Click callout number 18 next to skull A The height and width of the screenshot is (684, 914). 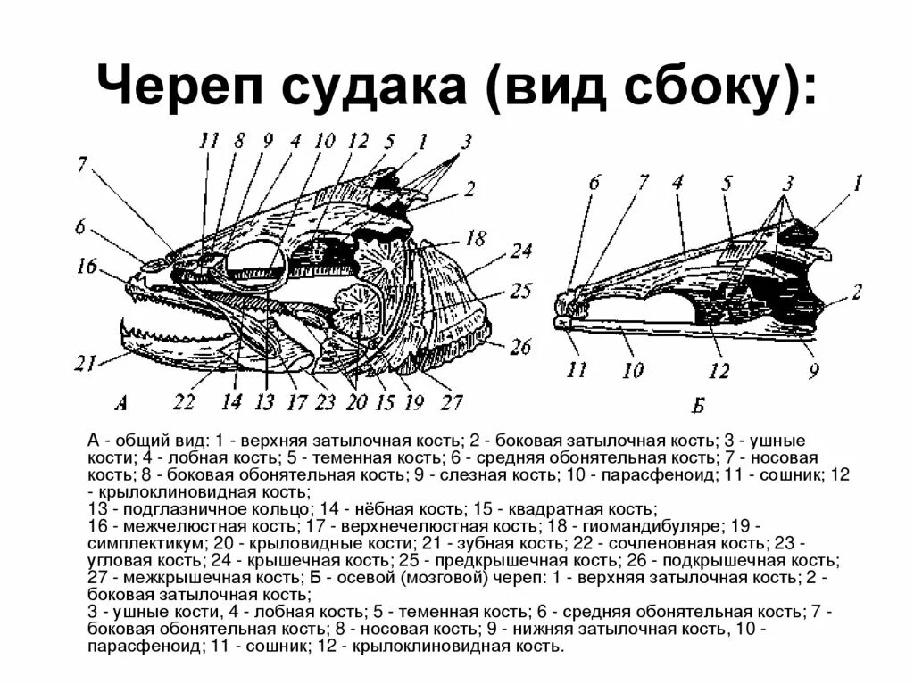pyautogui.click(x=476, y=238)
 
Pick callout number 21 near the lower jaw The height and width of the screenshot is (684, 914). pyautogui.click(x=87, y=363)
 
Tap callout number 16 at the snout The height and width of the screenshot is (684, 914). pyautogui.click(x=87, y=265)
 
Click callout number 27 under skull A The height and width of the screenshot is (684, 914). pyautogui.click(x=453, y=402)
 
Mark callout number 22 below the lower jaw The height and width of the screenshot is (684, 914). pyautogui.click(x=184, y=402)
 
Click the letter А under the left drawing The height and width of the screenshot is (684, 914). pyautogui.click(x=122, y=403)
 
